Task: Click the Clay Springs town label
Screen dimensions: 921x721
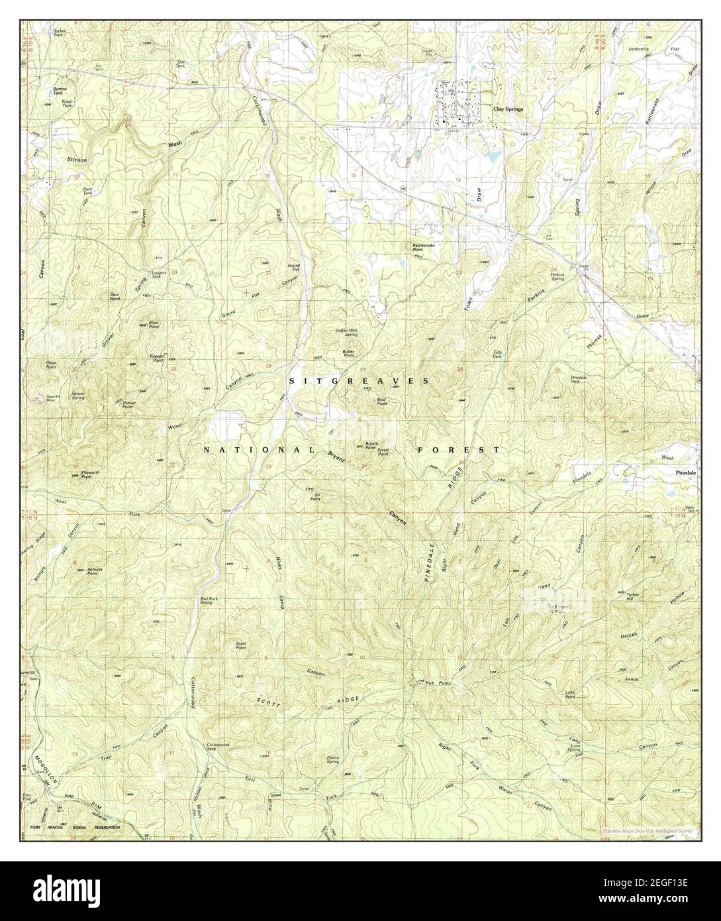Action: point(508,108)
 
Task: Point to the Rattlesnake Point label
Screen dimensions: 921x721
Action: point(422,246)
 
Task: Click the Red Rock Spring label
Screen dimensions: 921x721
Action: point(210,600)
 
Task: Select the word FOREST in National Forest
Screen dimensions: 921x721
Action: point(458,449)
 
